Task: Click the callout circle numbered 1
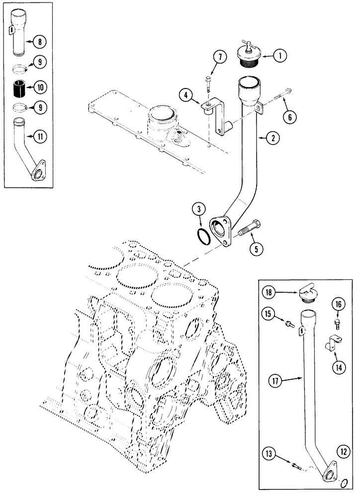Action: pos(280,57)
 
